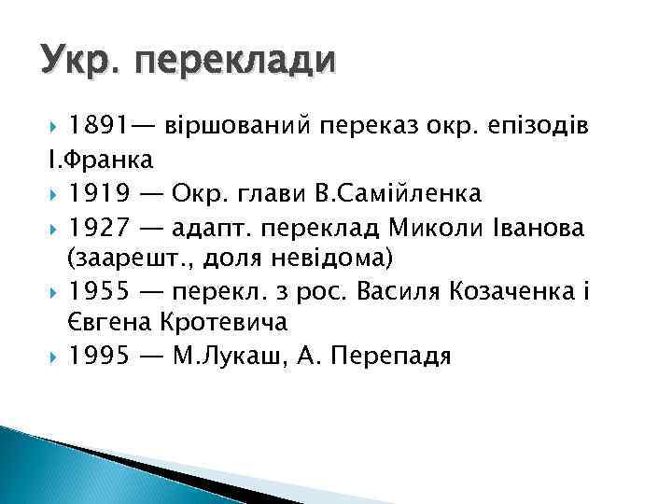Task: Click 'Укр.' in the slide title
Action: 80,63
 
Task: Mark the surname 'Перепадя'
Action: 384,357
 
